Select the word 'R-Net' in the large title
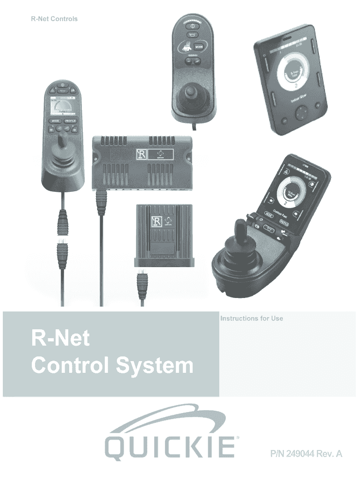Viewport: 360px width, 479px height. pos(60,338)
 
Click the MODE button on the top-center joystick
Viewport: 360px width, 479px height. pos(199,47)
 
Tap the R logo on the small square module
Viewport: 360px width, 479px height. pos(157,221)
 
